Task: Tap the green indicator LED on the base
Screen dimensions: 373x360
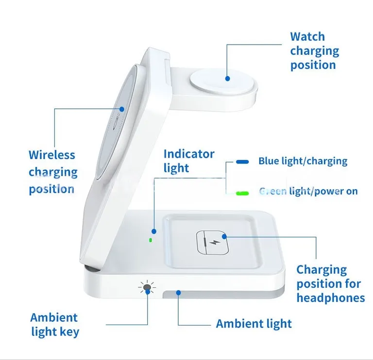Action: click(x=151, y=240)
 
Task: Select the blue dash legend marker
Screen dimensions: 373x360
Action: click(x=242, y=162)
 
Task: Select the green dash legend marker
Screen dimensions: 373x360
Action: click(x=242, y=193)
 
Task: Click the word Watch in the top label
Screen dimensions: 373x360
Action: click(x=307, y=36)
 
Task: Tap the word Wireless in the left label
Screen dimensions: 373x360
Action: click(x=52, y=155)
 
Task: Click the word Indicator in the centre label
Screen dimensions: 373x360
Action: click(x=189, y=154)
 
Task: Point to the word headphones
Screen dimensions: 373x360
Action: click(x=331, y=298)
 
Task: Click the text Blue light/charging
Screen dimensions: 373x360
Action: click(x=303, y=161)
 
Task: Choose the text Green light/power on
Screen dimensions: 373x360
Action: click(x=308, y=191)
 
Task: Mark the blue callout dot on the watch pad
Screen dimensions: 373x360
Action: click(x=227, y=79)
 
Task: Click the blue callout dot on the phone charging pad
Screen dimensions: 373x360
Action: click(x=122, y=109)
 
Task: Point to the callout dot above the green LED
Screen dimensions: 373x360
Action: click(x=154, y=231)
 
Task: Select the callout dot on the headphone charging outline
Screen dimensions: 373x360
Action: click(x=224, y=236)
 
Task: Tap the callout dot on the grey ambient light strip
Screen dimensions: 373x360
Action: click(x=178, y=293)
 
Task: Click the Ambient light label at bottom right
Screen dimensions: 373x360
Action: click(x=254, y=324)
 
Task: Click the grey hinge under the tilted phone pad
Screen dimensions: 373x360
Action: click(x=92, y=269)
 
